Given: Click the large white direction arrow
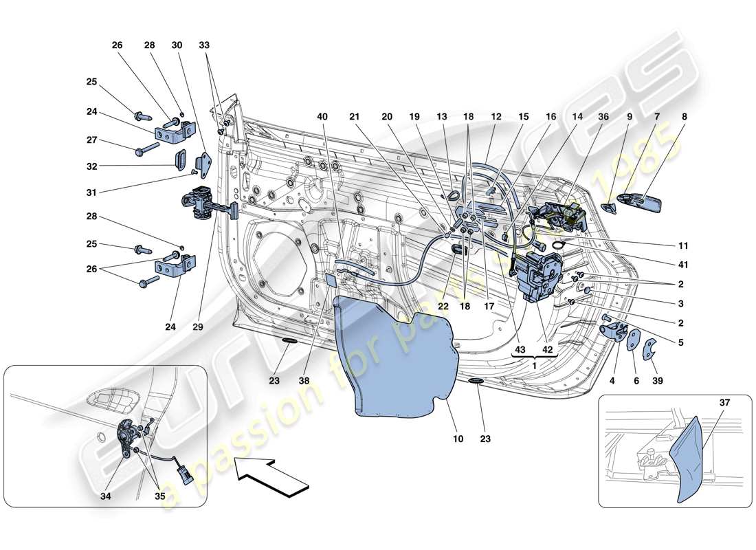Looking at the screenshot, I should [268, 476].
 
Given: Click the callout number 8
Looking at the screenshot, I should [685, 118].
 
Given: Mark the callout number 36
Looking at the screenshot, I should [605, 118].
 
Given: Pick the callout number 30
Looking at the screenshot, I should [177, 45].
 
